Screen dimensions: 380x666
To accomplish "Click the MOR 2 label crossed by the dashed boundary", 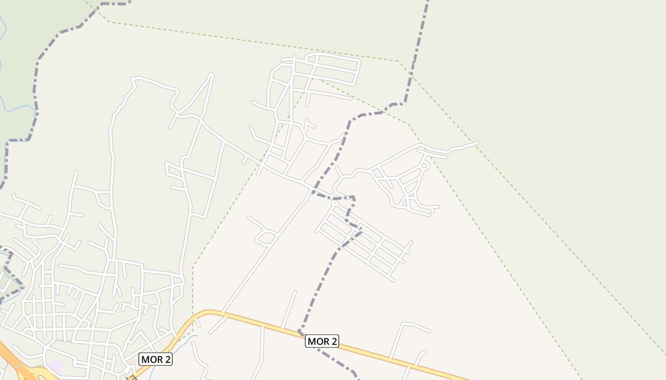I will click(x=322, y=341).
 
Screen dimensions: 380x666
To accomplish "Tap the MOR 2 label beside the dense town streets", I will click(x=155, y=360).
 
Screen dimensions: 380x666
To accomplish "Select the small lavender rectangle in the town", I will click(x=56, y=366).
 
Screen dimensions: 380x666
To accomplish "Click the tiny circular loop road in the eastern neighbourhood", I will click(x=425, y=165).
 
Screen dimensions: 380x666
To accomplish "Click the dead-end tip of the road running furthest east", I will click(x=478, y=142).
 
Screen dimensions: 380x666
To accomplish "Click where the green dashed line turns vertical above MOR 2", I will click(x=193, y=267).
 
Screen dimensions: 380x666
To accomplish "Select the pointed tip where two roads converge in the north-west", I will click(x=211, y=75).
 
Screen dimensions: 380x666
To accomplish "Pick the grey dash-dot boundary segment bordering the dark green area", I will click(x=36, y=95).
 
